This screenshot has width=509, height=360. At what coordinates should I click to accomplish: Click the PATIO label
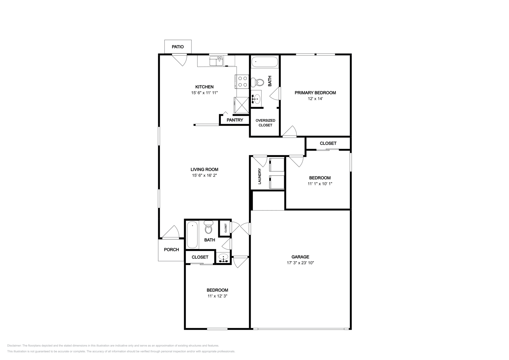178,47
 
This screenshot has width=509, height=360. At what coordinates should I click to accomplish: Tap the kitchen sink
216,61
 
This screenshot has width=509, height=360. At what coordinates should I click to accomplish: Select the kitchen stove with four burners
242,81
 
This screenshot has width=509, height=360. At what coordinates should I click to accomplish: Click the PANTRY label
235,120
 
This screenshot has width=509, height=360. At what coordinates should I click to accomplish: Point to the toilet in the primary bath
257,82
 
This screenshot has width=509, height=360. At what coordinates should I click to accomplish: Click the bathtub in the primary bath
265,62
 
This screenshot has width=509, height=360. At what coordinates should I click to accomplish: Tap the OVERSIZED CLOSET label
265,123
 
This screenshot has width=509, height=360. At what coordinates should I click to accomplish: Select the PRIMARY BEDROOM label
315,93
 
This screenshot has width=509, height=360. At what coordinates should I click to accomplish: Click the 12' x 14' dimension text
315,99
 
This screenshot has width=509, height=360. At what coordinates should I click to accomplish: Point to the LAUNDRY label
260,176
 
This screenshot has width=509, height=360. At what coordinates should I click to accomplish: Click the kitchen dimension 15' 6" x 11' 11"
204,93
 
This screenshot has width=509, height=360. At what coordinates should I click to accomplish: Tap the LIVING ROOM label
204,170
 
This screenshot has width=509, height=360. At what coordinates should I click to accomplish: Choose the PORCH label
171,250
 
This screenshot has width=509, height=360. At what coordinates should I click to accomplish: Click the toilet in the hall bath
208,227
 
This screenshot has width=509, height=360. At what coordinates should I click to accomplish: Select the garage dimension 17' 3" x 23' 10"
300,263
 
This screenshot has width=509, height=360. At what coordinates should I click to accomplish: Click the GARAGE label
300,257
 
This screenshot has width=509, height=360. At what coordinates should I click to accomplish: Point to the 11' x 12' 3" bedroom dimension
217,296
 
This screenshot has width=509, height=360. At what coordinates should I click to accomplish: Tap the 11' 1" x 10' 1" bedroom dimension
320,184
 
